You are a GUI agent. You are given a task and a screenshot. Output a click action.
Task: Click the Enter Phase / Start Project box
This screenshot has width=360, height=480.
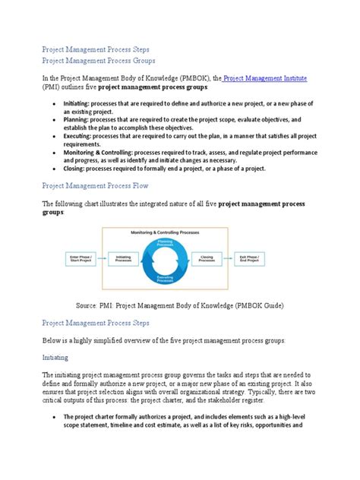81,258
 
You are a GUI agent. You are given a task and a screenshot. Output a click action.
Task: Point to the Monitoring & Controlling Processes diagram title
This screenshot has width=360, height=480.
164,232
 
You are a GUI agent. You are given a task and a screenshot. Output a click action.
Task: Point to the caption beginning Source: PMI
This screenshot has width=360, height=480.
179,305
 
